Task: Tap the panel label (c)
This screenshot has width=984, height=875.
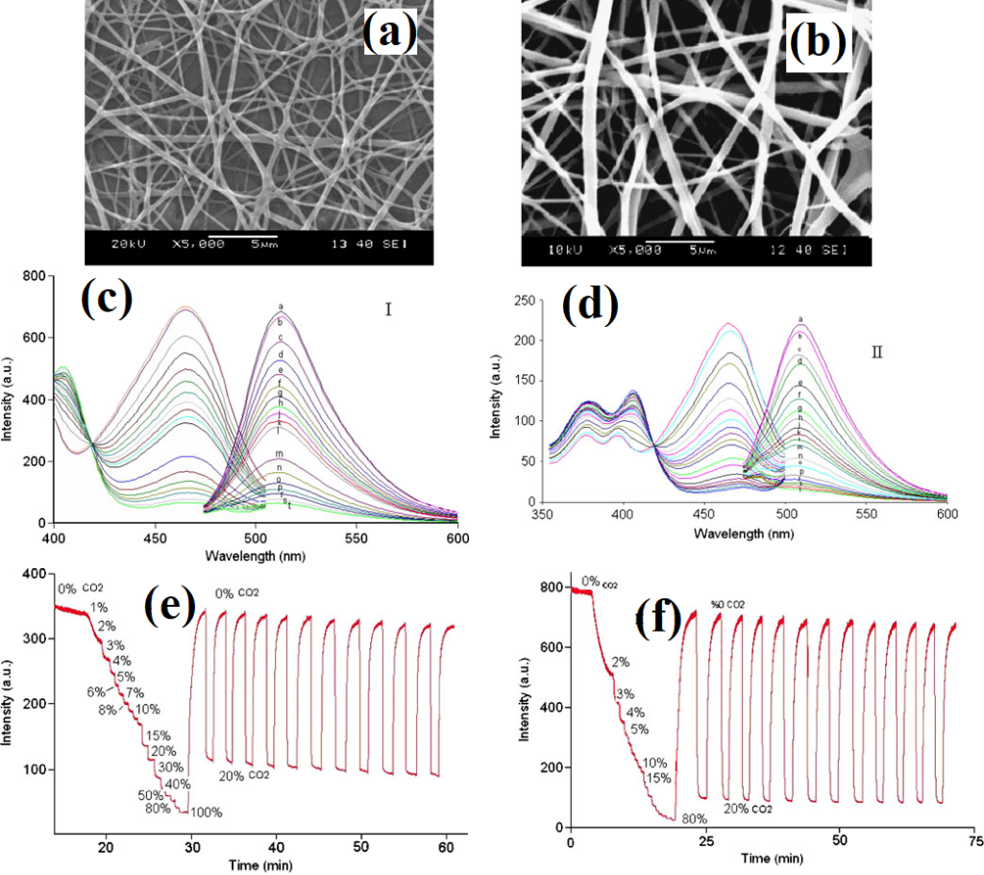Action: coord(106,299)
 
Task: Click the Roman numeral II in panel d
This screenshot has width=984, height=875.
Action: coord(875,353)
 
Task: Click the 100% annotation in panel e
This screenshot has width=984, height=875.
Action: coord(206,812)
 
